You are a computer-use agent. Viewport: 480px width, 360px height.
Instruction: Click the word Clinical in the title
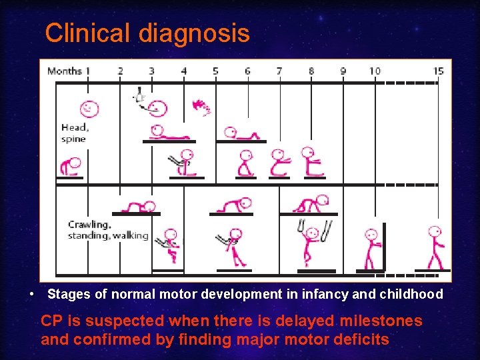[89, 33]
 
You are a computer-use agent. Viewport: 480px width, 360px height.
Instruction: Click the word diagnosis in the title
[194, 33]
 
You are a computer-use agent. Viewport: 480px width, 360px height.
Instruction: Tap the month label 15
[438, 71]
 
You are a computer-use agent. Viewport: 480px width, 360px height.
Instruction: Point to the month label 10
[375, 71]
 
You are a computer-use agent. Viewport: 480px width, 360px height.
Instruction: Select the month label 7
[279, 71]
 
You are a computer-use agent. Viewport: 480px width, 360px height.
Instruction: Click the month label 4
[184, 71]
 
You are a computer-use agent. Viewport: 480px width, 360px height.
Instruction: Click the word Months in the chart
[65, 71]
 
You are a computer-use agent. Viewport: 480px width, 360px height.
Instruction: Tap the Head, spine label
[75, 133]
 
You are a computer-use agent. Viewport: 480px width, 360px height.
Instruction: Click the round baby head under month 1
[89, 108]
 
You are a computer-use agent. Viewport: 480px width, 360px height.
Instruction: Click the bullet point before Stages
[31, 294]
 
